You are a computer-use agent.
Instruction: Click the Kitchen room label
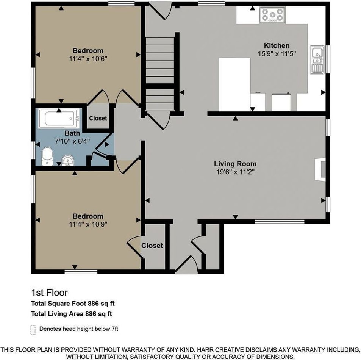pyautogui.click(x=277, y=45)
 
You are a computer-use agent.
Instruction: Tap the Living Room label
pyautogui.click(x=235, y=164)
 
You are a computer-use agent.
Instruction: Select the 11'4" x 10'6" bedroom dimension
pyautogui.click(x=88, y=59)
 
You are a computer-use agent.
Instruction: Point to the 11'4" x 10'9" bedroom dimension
pyautogui.click(x=88, y=224)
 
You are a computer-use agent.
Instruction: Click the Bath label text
pyautogui.click(x=72, y=133)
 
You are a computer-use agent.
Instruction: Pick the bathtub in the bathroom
pyautogui.click(x=59, y=119)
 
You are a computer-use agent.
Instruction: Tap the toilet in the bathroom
pyautogui.click(x=47, y=156)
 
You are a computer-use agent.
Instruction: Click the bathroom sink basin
pyautogui.click(x=68, y=160)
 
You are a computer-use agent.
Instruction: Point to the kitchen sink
pyautogui.click(x=317, y=60)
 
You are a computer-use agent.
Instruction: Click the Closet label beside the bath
pyautogui.click(x=98, y=118)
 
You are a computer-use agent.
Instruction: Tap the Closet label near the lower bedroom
pyautogui.click(x=152, y=246)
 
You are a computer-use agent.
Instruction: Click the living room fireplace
pyautogui.click(x=320, y=169)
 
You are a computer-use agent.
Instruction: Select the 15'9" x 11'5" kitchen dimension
pyautogui.click(x=277, y=54)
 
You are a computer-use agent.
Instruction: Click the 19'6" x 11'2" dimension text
pyautogui.click(x=235, y=172)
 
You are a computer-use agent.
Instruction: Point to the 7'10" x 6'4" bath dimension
pyautogui.click(x=72, y=141)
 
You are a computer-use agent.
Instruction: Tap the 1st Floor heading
pyautogui.click(x=49, y=293)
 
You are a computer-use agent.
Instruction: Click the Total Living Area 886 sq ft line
pyautogui.click(x=72, y=314)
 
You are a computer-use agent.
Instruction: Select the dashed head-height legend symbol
pyautogui.click(x=33, y=330)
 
